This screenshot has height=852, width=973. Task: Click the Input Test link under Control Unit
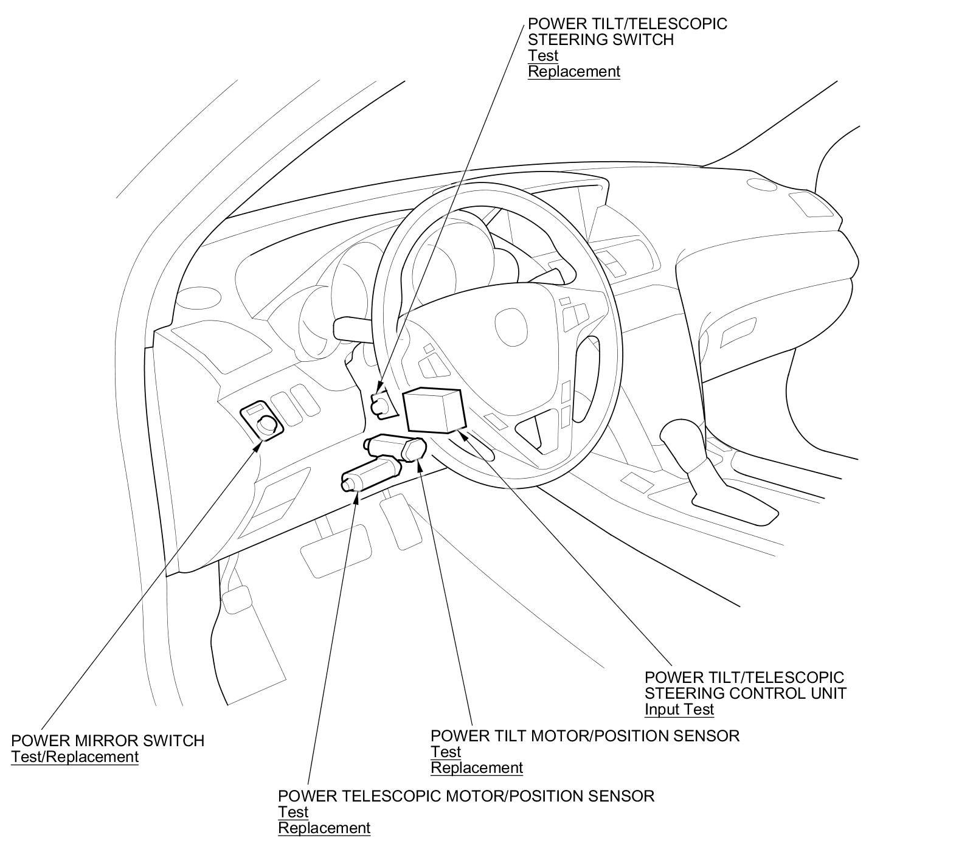coord(679,709)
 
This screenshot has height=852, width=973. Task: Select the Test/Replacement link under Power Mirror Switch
coord(75,757)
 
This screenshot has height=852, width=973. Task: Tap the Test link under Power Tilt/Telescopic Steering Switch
coord(542,55)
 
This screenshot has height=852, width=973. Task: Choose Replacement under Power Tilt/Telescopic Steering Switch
coord(573,71)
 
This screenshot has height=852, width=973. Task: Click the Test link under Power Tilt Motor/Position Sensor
coord(446,752)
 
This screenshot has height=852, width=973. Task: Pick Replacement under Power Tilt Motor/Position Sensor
coord(476,767)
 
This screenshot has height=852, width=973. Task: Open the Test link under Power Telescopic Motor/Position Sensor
coord(293,812)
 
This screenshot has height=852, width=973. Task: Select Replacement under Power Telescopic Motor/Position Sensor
coord(324,828)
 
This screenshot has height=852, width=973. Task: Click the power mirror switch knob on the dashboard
coord(266,424)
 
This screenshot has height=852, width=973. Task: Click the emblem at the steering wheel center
coord(507,320)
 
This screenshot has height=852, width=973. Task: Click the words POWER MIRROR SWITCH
coord(108,741)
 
